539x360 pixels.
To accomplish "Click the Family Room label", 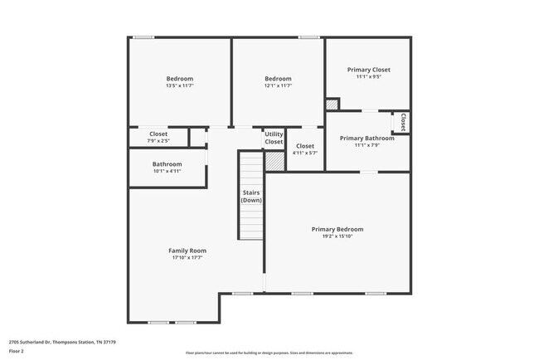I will [187, 251].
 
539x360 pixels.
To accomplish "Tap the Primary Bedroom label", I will [337, 229].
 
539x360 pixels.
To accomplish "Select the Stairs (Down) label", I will [251, 197].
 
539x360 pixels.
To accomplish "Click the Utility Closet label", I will [274, 138].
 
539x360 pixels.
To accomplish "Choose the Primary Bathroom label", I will [367, 138].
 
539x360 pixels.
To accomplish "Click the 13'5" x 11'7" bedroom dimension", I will [179, 85].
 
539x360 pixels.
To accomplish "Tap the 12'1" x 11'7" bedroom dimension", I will [278, 85].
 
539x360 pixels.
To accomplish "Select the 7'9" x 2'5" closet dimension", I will [158, 140].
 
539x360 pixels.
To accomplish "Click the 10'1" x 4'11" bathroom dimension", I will [167, 171].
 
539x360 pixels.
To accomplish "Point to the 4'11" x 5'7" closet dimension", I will [305, 153].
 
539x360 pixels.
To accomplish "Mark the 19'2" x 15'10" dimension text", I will [337, 236].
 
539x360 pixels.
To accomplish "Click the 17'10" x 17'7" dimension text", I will [187, 258].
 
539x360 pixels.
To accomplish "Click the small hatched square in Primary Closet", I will [331, 105].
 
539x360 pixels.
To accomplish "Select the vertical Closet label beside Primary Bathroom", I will [403, 122].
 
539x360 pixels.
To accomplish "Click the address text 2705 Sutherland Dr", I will [62, 341].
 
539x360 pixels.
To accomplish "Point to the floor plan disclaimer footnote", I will [269, 352].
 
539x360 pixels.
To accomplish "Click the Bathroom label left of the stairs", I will [167, 164].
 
